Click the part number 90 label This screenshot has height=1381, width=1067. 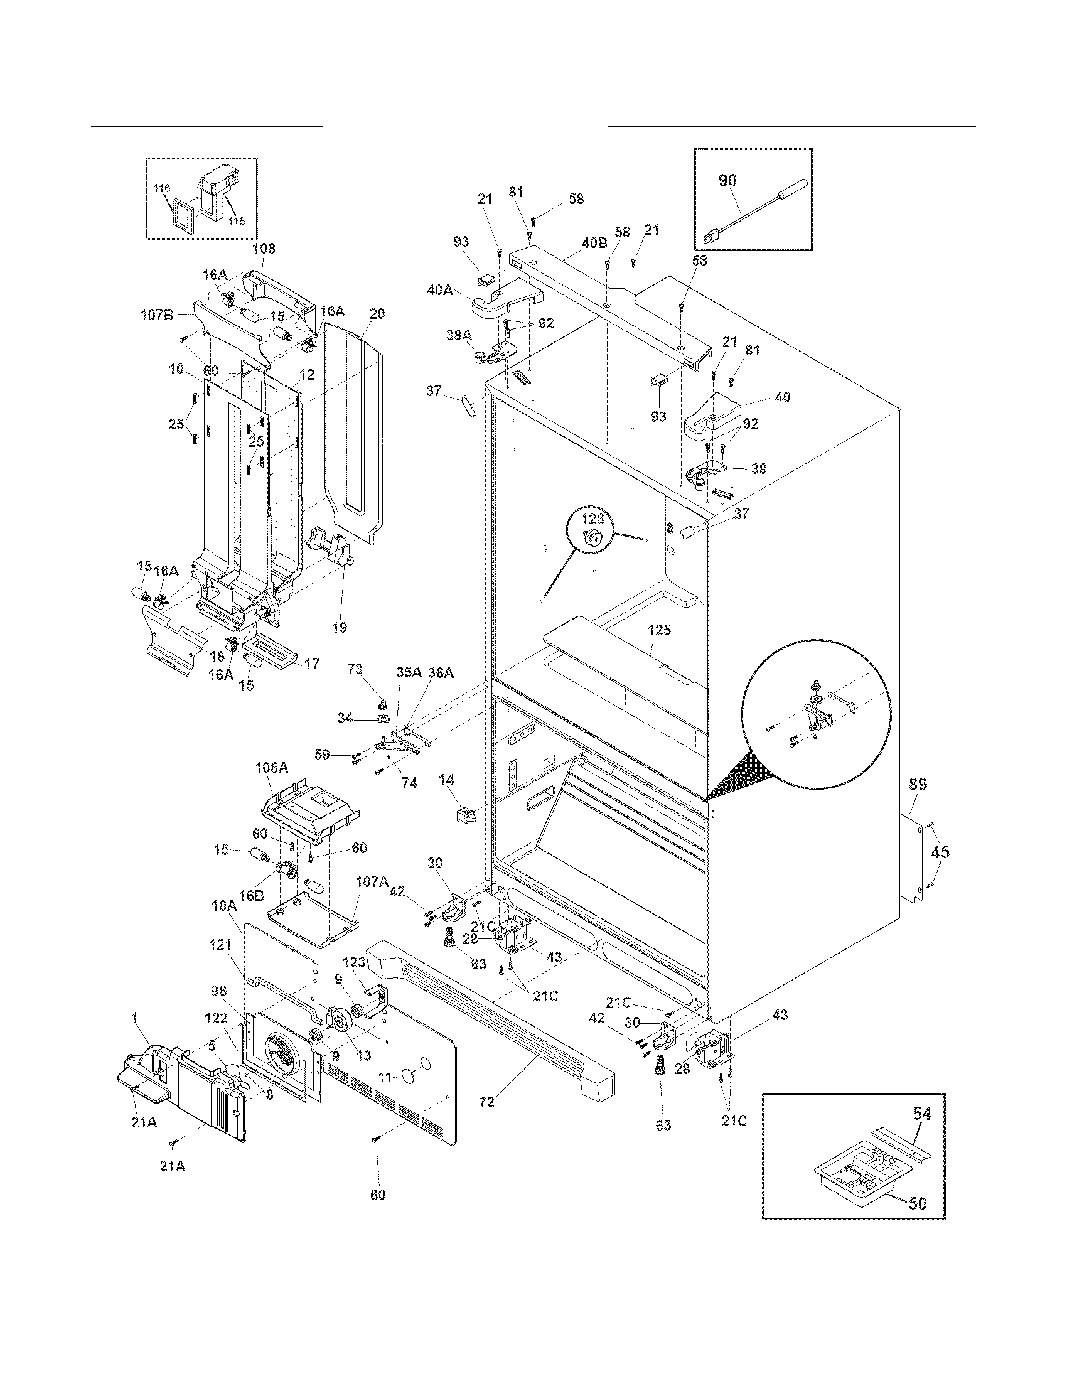727,180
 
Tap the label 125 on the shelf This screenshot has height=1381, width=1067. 659,630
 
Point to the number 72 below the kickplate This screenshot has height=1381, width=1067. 486,1102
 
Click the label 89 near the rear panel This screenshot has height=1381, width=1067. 918,785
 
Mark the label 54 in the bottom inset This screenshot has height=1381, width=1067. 921,1114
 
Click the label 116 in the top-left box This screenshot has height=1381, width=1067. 162,188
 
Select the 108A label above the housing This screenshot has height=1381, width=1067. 272,768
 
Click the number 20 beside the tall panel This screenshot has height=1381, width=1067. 377,314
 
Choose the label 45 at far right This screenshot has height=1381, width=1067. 940,852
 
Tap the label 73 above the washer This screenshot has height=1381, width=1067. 355,687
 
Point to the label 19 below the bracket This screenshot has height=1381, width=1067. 339,627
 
